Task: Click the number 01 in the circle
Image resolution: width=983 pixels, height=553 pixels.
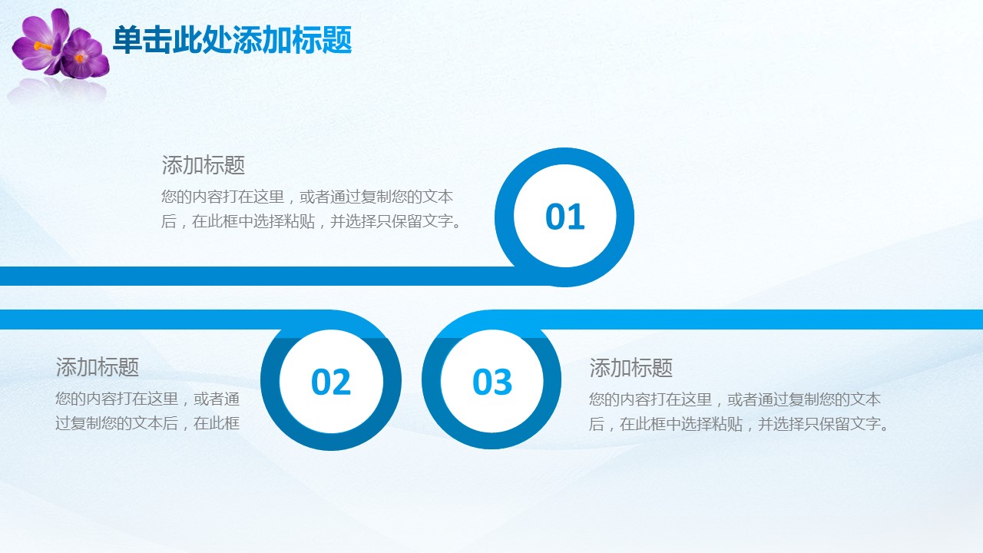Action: pyautogui.click(x=564, y=217)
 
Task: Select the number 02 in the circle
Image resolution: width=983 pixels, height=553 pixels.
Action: pyautogui.click(x=331, y=382)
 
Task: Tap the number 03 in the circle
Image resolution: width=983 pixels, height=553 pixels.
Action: pyautogui.click(x=492, y=382)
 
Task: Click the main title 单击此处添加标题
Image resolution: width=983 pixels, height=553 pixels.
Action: pyautogui.click(x=232, y=40)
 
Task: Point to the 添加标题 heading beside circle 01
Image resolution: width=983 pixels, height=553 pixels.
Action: pyautogui.click(x=204, y=165)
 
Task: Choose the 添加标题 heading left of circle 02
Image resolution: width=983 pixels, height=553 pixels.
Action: pyautogui.click(x=98, y=367)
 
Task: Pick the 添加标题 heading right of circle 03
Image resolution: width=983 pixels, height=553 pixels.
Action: pyautogui.click(x=631, y=368)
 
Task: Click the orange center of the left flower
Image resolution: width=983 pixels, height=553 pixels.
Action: pyautogui.click(x=42, y=45)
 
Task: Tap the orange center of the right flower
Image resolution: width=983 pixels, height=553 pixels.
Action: pyautogui.click(x=79, y=58)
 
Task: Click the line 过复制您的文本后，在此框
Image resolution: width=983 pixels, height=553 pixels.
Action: pyautogui.click(x=147, y=423)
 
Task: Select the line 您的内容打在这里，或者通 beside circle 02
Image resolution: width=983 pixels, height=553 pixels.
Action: pyautogui.click(x=147, y=399)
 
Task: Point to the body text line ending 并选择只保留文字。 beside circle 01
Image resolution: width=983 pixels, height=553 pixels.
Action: pyautogui.click(x=312, y=221)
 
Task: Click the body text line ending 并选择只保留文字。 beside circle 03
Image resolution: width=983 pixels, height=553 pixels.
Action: pyautogui.click(x=740, y=424)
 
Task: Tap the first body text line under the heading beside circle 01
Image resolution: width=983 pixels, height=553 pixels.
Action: pyautogui.click(x=306, y=197)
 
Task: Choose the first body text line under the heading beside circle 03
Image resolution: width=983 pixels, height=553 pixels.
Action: pyautogui.click(x=735, y=399)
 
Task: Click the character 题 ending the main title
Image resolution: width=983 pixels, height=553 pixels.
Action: pyautogui.click(x=336, y=40)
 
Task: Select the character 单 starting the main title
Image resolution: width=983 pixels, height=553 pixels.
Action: pyautogui.click(x=127, y=40)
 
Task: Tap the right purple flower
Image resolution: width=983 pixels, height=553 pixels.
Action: pyautogui.click(x=84, y=55)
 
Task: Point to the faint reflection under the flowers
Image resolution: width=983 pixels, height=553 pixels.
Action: pyautogui.click(x=57, y=90)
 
